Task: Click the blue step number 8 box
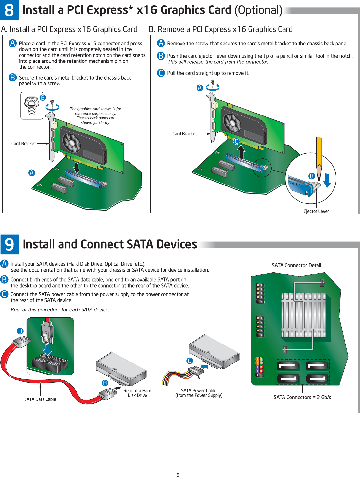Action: coord(9,10)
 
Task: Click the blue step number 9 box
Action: coord(10,244)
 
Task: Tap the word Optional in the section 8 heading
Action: coord(258,10)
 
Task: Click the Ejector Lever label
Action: coord(316,211)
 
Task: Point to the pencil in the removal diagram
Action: coord(319,154)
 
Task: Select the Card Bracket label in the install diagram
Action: coord(24,144)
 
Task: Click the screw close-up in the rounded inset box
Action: coord(32,105)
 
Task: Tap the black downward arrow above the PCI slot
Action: coord(77,167)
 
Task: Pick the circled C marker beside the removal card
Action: coord(236,141)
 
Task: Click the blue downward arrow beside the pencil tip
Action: coord(327,180)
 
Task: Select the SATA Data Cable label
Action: coord(40,399)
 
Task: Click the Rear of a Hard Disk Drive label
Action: coord(137,393)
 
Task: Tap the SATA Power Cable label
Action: coord(199,393)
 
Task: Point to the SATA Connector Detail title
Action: coord(297,265)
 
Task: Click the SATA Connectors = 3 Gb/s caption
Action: coord(302,397)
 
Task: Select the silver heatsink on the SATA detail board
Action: coord(303,315)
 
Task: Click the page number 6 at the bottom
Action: coord(178,475)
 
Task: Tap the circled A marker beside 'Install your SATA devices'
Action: coord(4,264)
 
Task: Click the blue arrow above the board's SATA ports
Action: coord(47,349)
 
